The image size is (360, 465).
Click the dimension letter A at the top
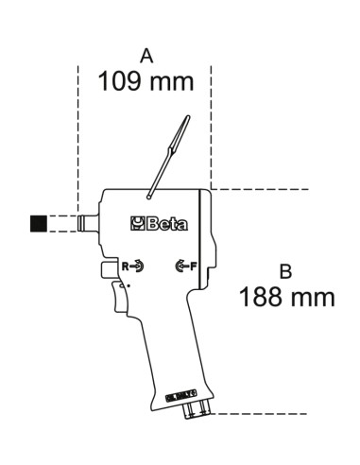pos(146,58)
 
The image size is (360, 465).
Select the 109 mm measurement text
pos(146,81)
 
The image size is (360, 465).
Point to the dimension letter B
pos(285,272)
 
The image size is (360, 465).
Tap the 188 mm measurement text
pos(286,298)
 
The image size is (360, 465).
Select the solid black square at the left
pos(39,224)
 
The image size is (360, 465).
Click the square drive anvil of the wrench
pos(88,224)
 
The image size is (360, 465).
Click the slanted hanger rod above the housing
pos(167,157)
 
